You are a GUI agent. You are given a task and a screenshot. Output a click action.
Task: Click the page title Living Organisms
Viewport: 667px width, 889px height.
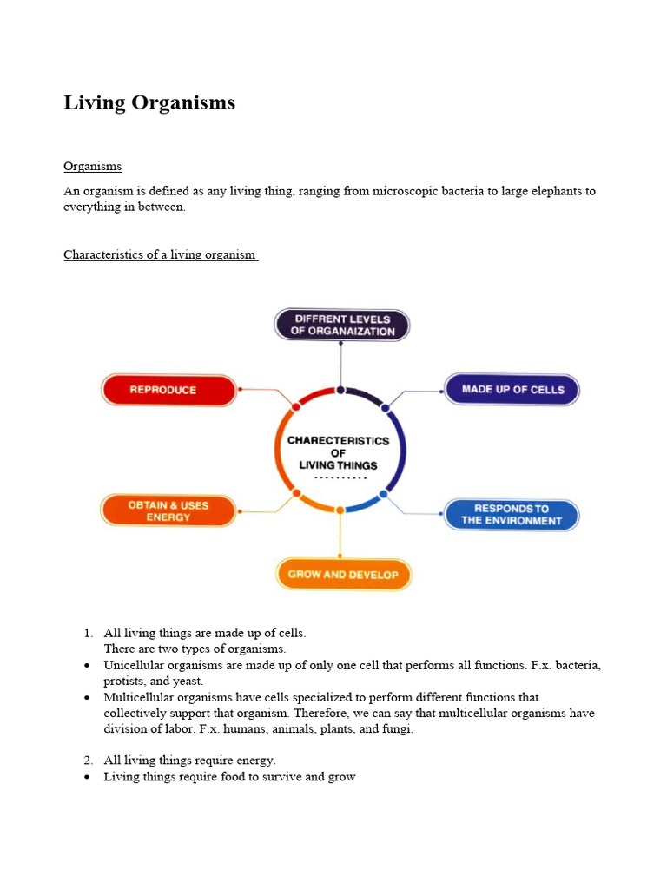[x=149, y=102]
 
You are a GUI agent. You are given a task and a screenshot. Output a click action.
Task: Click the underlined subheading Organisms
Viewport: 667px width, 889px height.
[x=92, y=166]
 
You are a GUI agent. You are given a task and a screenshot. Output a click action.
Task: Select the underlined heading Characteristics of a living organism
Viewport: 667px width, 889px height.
[x=160, y=254]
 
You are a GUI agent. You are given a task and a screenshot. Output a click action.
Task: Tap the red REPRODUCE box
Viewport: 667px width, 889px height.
[x=168, y=390]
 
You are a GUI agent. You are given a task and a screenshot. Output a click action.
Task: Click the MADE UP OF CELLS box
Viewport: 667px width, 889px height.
[x=512, y=389]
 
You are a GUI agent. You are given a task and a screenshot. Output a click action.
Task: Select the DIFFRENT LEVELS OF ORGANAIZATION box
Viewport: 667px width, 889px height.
[x=342, y=325]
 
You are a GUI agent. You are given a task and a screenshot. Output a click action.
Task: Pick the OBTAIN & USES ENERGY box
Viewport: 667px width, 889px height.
[x=168, y=510]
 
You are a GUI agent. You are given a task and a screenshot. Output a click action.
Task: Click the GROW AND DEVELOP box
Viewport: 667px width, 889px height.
[x=343, y=575]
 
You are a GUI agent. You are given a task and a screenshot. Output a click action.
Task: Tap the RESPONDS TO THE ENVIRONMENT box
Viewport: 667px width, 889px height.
[x=512, y=515]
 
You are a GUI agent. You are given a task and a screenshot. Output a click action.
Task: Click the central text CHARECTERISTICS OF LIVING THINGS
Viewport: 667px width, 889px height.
[x=339, y=452]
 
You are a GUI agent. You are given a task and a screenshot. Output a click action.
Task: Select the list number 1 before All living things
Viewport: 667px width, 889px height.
[x=88, y=634]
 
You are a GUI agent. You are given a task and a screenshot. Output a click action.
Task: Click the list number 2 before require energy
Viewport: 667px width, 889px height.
[x=88, y=761]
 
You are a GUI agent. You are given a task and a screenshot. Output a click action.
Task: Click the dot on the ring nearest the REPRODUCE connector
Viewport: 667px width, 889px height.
[x=296, y=405]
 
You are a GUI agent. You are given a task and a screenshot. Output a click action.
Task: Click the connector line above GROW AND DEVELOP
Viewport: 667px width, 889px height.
[x=340, y=535]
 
